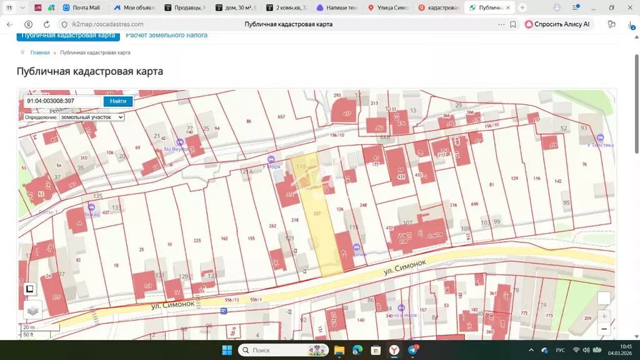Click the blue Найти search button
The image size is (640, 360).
[x=117, y=101]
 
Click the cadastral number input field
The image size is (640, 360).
[x=62, y=101]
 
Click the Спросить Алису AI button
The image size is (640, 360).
[x=558, y=24]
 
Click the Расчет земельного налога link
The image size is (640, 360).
[x=167, y=35]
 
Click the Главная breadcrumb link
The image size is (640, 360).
[x=39, y=52]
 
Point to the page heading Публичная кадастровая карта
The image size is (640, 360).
[x=89, y=71]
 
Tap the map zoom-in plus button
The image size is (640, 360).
[x=604, y=316]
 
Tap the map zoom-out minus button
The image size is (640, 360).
[x=604, y=329]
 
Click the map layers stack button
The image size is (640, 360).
[x=33, y=309]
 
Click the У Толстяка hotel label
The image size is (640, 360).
[x=600, y=144]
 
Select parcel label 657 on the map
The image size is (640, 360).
[x=281, y=117]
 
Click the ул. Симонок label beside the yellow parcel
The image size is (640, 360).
[x=404, y=269]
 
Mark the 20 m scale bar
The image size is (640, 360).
[x=29, y=327]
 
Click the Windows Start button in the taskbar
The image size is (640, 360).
[x=226, y=350]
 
